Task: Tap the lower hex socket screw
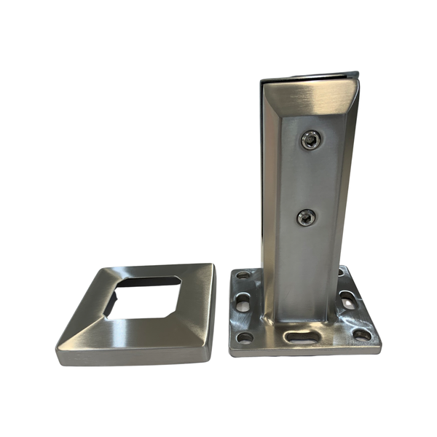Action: click(307, 216)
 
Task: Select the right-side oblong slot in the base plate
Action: click(350, 299)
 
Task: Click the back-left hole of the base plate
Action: click(244, 276)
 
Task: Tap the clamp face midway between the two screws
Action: click(309, 179)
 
